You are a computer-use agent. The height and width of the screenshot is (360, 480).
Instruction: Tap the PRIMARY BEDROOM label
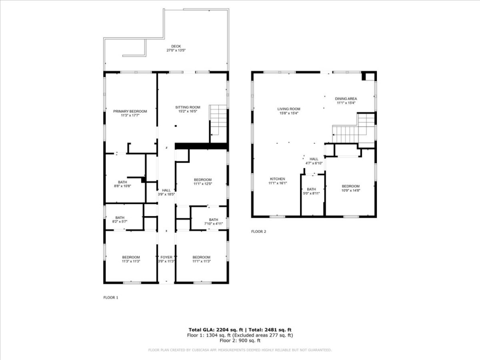[x=130, y=111]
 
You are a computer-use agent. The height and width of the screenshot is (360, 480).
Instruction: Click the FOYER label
[x=166, y=257]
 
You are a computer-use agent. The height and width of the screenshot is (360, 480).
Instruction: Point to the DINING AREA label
[x=346, y=99]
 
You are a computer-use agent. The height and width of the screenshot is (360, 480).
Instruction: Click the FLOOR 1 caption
[x=110, y=298]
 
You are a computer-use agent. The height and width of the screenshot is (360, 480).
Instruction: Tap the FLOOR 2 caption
[x=258, y=231]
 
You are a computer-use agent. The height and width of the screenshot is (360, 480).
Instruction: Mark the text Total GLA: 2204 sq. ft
[x=216, y=330]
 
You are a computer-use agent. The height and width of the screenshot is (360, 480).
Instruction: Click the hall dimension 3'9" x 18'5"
[x=166, y=194]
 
